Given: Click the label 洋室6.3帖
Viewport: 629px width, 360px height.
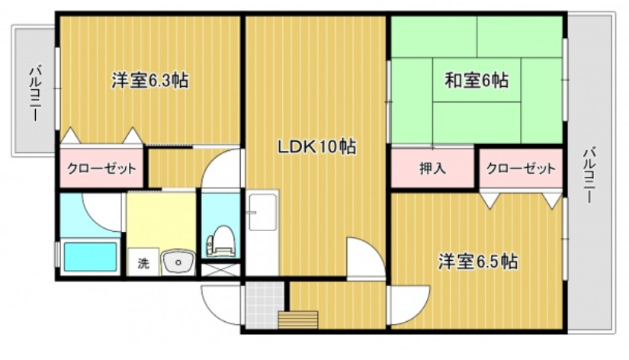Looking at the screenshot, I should click(x=150, y=80).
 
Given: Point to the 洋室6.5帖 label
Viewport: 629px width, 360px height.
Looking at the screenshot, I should click(x=478, y=262).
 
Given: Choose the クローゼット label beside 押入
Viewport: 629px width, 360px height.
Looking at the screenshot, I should click(x=521, y=169).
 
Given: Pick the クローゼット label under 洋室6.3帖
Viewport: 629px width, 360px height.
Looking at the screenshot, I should click(x=101, y=169).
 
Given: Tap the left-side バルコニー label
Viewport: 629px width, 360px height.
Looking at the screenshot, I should click(x=34, y=94).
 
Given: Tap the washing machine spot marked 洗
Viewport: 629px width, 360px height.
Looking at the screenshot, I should click(x=143, y=263).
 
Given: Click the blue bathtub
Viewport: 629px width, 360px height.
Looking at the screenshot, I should click(x=90, y=256).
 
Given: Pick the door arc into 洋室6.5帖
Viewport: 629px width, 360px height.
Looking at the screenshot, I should click(x=404, y=305).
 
